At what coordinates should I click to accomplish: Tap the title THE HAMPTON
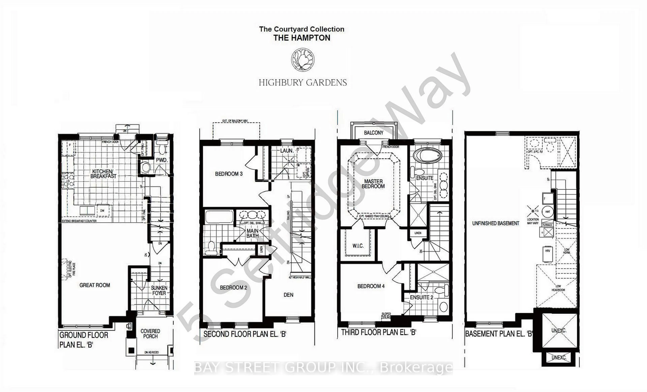click(302, 38)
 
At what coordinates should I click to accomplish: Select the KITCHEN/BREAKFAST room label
click(103, 174)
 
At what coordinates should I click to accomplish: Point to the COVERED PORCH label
click(150, 334)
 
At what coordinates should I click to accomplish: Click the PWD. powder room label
click(161, 160)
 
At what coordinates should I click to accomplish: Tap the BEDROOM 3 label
click(228, 174)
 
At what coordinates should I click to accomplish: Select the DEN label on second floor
click(288, 295)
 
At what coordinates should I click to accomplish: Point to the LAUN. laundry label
click(286, 151)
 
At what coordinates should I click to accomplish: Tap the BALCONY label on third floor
click(373, 133)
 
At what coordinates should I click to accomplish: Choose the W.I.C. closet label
click(358, 246)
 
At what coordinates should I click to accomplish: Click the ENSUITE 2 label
click(421, 297)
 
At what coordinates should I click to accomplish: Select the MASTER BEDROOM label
click(373, 184)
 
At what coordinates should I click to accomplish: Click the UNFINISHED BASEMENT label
click(496, 223)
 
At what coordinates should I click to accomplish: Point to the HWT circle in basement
click(547, 212)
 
